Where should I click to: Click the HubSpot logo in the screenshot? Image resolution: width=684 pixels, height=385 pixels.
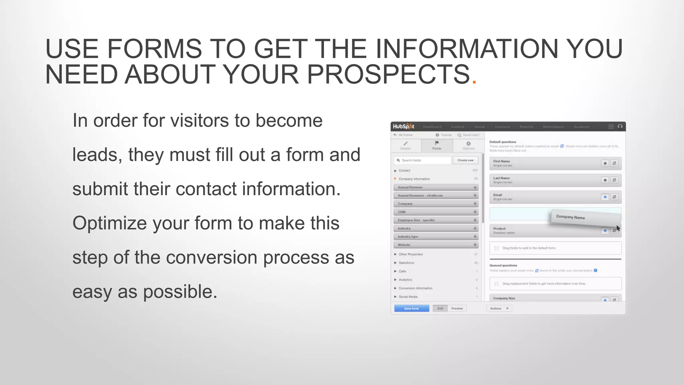point(403,126)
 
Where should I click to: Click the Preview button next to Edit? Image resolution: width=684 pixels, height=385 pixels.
point(457,308)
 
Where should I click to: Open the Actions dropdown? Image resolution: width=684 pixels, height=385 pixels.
point(499,308)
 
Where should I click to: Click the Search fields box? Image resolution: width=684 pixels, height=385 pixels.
point(423,160)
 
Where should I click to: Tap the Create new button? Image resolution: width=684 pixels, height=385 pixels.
point(466,160)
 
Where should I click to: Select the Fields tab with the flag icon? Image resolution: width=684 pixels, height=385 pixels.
point(437,145)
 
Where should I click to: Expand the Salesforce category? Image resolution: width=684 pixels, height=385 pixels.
point(406,263)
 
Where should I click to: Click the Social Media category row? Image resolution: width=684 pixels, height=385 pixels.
point(408,297)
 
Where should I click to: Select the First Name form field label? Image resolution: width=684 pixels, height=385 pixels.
point(502,161)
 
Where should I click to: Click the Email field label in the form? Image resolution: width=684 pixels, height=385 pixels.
point(498,195)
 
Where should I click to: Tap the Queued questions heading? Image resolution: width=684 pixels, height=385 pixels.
point(503,265)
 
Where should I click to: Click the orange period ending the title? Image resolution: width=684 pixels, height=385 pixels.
point(474,82)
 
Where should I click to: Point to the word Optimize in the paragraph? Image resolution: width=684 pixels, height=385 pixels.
point(110,223)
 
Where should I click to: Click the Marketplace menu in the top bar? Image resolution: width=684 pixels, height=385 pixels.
point(553,127)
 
